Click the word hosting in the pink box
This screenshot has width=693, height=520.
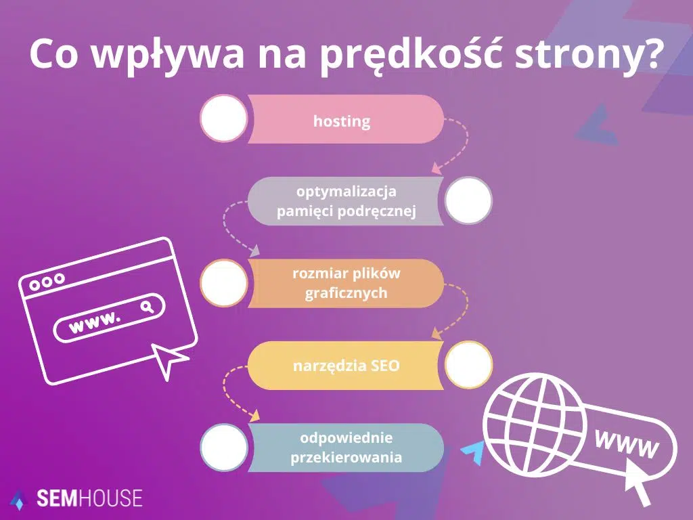pyautogui.click(x=342, y=122)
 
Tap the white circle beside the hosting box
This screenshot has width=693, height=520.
pyautogui.click(x=223, y=118)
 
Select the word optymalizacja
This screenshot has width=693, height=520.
pyautogui.click(x=346, y=192)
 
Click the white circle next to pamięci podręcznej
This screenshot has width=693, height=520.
pyautogui.click(x=468, y=200)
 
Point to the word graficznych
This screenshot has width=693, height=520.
pyautogui.click(x=346, y=293)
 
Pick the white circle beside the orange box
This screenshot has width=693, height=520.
pyautogui.click(x=223, y=283)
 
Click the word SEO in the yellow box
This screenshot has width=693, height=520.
pyautogui.click(x=385, y=366)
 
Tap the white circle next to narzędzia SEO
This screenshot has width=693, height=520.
pyautogui.click(x=468, y=364)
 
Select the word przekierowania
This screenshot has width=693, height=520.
pyautogui.click(x=346, y=457)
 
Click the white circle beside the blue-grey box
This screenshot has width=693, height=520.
pyautogui.click(x=223, y=448)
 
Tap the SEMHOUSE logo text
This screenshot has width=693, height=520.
pyautogui.click(x=88, y=499)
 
